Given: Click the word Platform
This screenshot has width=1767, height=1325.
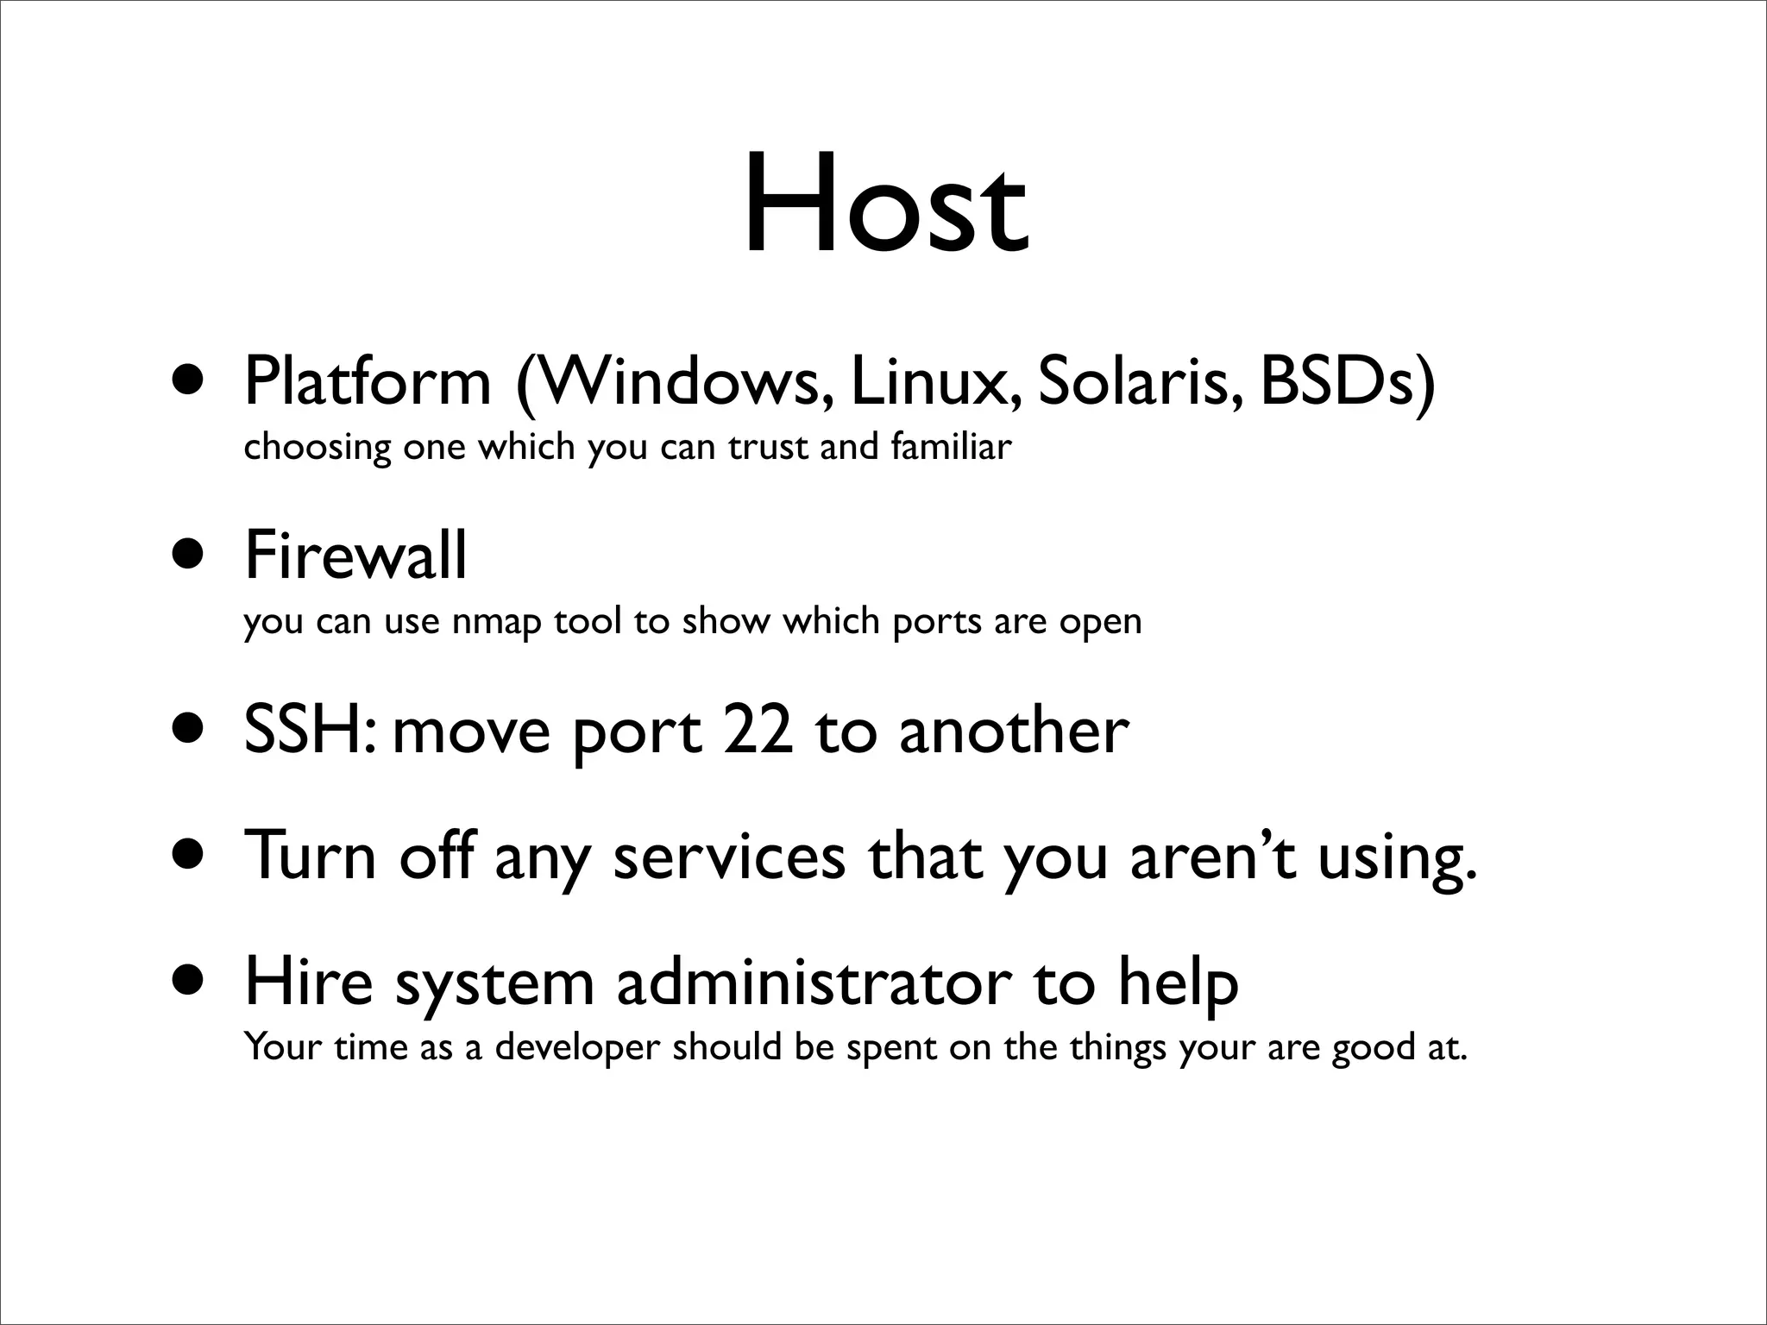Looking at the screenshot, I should coord(368,382).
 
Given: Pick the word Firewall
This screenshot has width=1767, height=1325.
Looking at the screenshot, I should coord(355,556).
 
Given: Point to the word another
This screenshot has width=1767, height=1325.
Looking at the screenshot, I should coord(1014,730).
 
